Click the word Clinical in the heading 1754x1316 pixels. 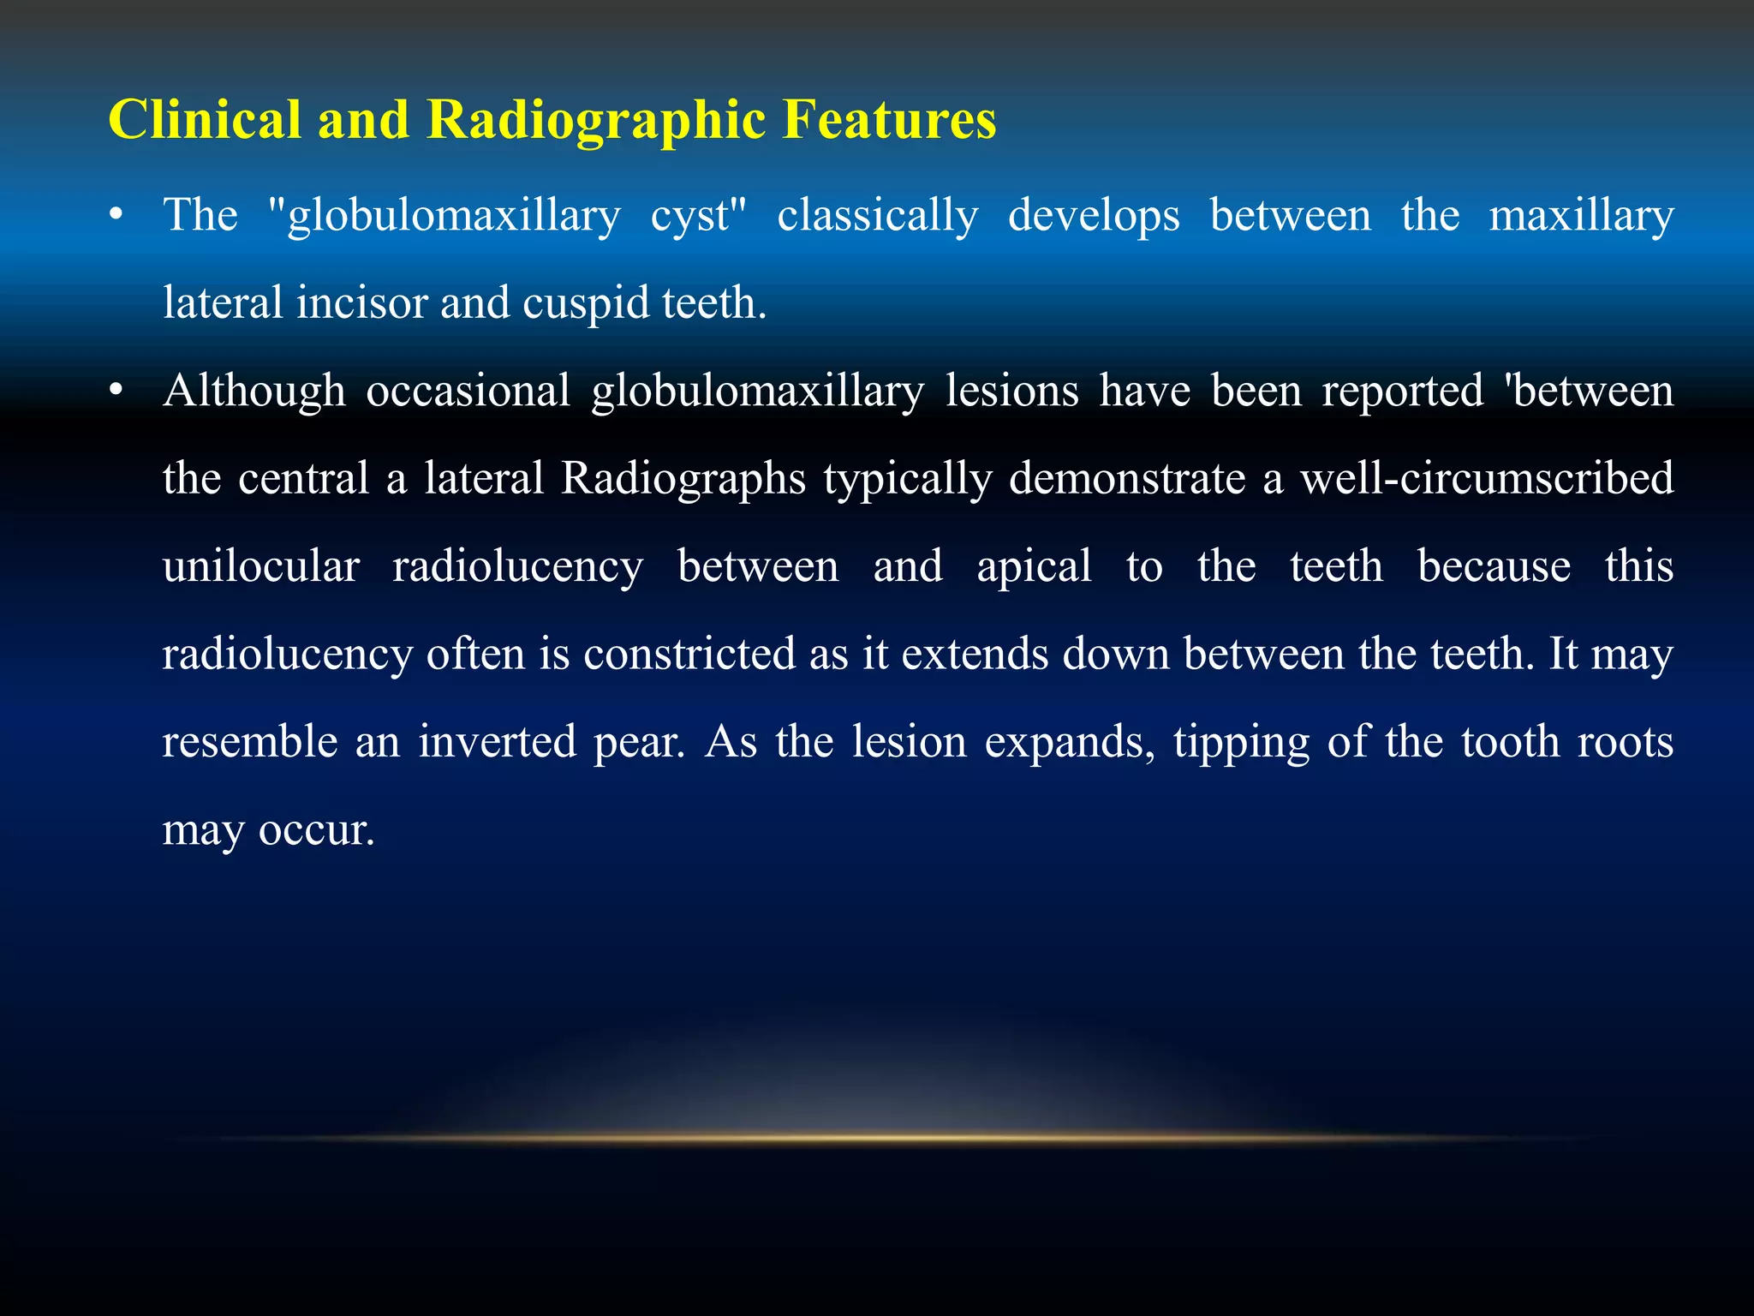pos(204,119)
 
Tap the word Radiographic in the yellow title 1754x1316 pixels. pos(595,119)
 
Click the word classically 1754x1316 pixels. pos(877,215)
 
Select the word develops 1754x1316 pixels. pos(1094,215)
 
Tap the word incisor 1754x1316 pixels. pos(361,302)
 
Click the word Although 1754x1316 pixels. pos(254,392)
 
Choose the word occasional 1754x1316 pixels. pos(468,391)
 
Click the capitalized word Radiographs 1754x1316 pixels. pos(683,479)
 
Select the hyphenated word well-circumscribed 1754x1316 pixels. pos(1487,478)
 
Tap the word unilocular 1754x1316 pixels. pos(261,566)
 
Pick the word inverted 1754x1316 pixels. pos(497,741)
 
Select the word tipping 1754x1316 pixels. pos(1241,743)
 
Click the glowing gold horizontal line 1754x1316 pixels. pos(877,1138)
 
